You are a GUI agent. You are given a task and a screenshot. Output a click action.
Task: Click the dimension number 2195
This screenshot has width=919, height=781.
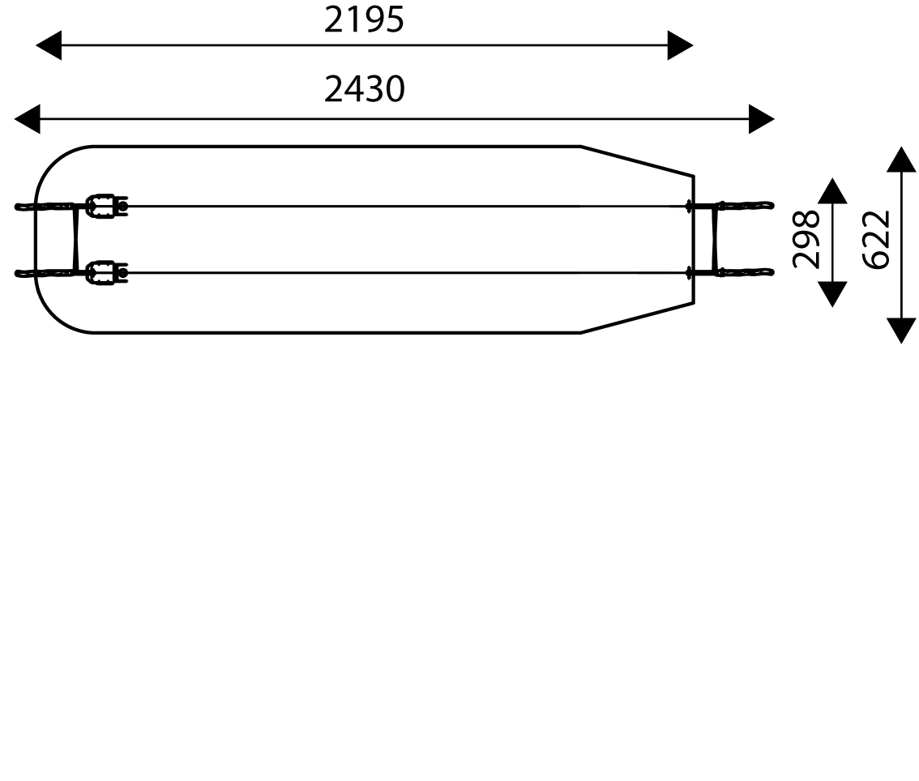tap(364, 20)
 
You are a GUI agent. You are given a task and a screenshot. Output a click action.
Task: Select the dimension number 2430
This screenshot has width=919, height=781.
tap(365, 89)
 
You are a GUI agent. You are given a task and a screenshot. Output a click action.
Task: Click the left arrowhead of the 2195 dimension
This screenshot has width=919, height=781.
tap(49, 45)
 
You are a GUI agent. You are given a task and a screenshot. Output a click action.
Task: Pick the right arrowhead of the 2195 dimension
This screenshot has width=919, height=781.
tap(681, 45)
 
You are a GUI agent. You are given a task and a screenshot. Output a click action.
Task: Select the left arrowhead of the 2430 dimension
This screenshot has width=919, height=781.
tap(27, 119)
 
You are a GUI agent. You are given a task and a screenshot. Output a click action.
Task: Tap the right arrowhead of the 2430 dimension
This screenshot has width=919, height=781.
tap(762, 119)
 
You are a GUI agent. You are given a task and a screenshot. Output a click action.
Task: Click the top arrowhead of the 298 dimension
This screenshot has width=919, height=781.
tap(832, 191)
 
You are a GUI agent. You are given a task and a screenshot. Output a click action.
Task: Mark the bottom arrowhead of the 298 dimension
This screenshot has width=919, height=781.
tap(832, 294)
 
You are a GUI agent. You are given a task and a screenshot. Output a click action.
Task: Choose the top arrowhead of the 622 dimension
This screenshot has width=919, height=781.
tap(901, 160)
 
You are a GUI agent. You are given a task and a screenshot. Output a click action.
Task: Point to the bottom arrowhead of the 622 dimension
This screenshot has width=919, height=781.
tap(901, 331)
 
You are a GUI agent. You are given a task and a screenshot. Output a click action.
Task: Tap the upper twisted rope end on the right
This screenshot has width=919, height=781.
tap(746, 205)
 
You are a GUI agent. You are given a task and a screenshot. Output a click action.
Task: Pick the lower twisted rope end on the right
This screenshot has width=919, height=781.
tap(746, 272)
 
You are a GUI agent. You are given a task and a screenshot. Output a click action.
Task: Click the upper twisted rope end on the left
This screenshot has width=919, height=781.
tap(44, 207)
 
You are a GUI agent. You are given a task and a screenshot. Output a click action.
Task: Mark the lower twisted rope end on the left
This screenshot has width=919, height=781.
tap(44, 272)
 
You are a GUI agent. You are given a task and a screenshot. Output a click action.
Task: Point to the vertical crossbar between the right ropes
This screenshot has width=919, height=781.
tap(715, 238)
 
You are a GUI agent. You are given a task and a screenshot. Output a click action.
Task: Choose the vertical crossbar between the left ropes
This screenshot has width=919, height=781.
tap(75, 239)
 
